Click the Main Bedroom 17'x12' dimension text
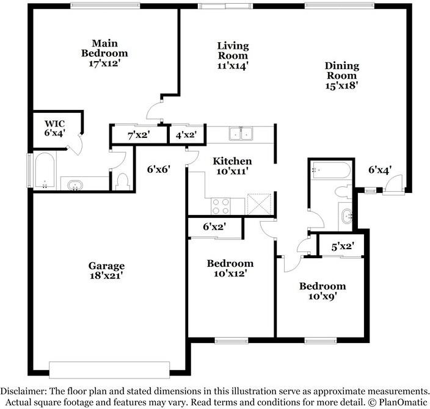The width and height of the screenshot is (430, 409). [105, 63]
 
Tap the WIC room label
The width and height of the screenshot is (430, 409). [55, 123]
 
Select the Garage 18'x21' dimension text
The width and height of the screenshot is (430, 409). [106, 275]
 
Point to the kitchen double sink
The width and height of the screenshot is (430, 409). [241, 134]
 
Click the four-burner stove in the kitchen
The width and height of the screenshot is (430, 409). [220, 206]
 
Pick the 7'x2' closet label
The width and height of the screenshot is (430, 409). [139, 135]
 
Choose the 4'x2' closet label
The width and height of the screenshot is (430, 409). [186, 135]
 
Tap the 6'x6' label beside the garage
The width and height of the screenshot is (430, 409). [159, 170]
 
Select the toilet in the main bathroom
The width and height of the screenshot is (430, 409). [123, 181]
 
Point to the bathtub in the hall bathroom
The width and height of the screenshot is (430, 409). [330, 170]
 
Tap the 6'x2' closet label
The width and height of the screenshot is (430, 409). [214, 226]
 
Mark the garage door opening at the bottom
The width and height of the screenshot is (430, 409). [109, 370]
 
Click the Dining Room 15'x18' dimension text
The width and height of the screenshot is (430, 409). [342, 85]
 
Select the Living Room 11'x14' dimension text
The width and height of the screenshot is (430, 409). [233, 66]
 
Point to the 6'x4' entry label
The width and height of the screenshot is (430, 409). [380, 170]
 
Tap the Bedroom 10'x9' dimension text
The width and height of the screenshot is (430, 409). [322, 296]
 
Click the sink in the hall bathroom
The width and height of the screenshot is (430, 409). [347, 217]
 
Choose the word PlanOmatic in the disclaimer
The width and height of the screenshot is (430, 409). [403, 402]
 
